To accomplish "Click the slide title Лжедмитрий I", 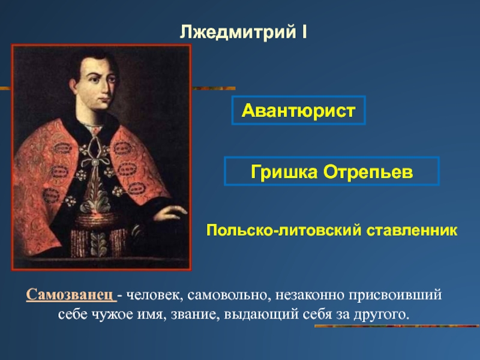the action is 243,32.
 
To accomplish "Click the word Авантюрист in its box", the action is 298,110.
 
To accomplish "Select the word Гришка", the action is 284,172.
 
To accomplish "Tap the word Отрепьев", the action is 368,172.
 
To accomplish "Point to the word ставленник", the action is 412,230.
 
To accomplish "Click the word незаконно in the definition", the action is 310,295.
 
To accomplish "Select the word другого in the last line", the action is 382,314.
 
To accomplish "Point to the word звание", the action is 196,314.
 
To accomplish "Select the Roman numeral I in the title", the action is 304,32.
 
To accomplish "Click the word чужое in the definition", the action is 110,314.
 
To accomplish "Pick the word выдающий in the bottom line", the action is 261,314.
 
